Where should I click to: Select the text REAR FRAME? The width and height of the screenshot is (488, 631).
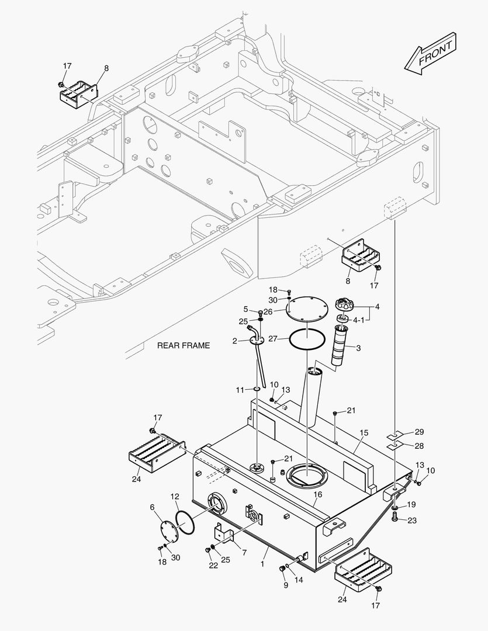[x=183, y=346]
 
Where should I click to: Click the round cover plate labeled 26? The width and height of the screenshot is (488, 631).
[x=309, y=308]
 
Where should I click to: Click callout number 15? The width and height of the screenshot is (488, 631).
[x=364, y=433]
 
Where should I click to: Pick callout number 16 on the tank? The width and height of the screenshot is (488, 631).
[x=317, y=494]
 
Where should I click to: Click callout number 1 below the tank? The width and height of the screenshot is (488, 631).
[x=262, y=564]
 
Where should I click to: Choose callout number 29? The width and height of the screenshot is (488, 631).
[x=420, y=432]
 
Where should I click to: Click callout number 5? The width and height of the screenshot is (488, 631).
[x=246, y=309]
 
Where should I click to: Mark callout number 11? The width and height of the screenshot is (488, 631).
[x=240, y=389]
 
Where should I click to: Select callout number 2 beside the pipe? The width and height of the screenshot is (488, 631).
[x=235, y=341]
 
